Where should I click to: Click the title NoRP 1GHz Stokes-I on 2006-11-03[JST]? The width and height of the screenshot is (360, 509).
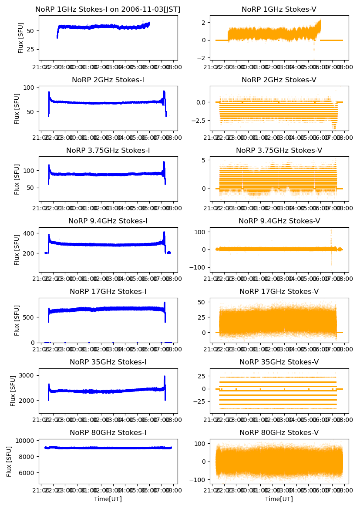tap(108, 9)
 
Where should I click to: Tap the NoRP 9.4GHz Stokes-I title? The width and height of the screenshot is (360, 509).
tap(108, 221)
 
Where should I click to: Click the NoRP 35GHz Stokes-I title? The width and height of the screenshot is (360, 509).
tap(108, 362)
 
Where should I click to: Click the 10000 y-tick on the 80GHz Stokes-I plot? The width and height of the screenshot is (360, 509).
tap(27, 441)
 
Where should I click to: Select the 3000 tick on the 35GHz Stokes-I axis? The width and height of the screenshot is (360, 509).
tap(28, 375)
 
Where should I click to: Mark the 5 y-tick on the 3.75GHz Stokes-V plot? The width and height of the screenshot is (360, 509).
tap(205, 160)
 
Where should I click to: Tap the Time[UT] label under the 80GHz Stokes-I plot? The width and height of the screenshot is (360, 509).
tap(108, 499)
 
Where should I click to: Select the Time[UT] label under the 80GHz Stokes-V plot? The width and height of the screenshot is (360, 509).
tap(279, 499)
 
